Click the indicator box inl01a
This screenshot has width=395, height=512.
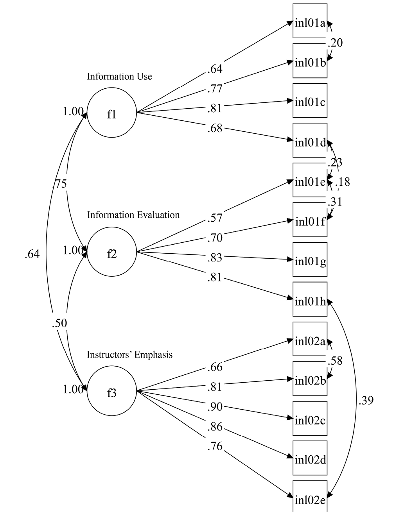pos(310,21)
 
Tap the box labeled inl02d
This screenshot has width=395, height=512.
pos(310,458)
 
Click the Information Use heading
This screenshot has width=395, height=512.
pos(119,76)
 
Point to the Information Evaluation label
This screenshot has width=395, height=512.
pos(133,215)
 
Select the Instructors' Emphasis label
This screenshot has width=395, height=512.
pos(129,354)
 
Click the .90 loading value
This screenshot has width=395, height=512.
pos(215,407)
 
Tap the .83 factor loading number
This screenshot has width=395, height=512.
pos(215,258)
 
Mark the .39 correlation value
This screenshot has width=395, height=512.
pos(366,400)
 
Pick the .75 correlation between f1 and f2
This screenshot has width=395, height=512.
pos(59,183)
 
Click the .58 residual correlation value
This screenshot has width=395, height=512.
pos(335,360)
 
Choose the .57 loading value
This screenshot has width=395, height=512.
pos(215,218)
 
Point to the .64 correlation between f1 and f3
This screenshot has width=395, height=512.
pos(32,254)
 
